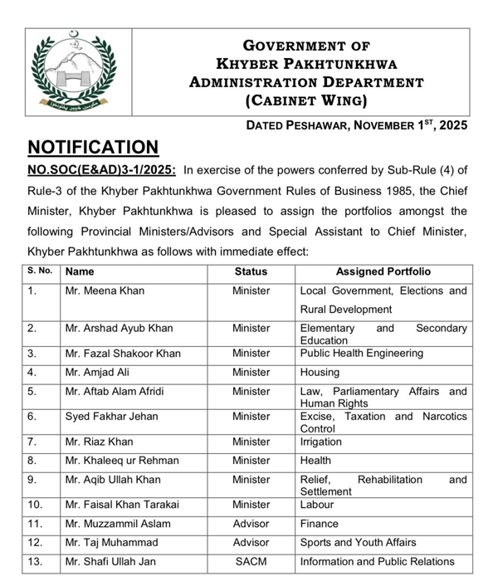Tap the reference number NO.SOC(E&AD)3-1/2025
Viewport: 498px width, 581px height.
102,171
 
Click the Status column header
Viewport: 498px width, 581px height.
251,271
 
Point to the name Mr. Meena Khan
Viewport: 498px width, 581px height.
104,291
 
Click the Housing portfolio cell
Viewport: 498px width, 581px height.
320,373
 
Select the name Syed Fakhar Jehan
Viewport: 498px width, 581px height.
111,417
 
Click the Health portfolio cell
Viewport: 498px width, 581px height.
315,461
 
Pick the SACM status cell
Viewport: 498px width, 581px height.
251,562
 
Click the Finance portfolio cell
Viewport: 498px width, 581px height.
319,524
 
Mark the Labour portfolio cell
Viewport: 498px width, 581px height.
319,504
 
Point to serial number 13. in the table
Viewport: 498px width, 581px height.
37,562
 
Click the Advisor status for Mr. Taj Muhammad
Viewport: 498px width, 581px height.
251,543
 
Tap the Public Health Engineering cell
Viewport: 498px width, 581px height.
361,353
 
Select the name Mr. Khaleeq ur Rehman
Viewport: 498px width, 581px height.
123,461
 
